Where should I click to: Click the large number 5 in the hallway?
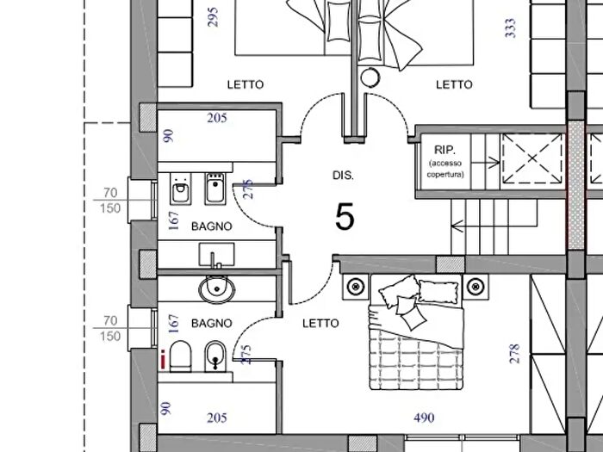(x=345, y=217)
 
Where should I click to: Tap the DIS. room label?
(x=343, y=176)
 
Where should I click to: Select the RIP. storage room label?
(x=444, y=150)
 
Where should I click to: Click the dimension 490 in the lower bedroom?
(x=424, y=418)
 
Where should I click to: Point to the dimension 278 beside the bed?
(x=514, y=354)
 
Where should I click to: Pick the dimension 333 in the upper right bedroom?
(x=510, y=28)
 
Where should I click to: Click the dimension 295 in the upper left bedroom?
(x=213, y=17)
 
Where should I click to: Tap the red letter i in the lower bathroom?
(x=164, y=359)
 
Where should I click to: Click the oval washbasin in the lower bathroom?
(x=217, y=289)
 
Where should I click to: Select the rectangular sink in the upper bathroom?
(x=216, y=255)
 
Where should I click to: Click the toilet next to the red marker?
(x=180, y=356)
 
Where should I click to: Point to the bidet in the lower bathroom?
(x=215, y=356)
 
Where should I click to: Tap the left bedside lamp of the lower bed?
(x=356, y=287)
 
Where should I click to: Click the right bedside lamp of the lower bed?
(x=476, y=287)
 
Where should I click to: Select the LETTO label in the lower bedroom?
(x=320, y=324)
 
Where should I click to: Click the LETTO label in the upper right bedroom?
(x=454, y=84)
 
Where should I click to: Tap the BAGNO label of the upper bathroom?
(x=212, y=226)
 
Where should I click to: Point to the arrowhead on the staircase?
(x=456, y=226)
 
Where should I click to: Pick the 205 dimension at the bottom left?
(x=217, y=418)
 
